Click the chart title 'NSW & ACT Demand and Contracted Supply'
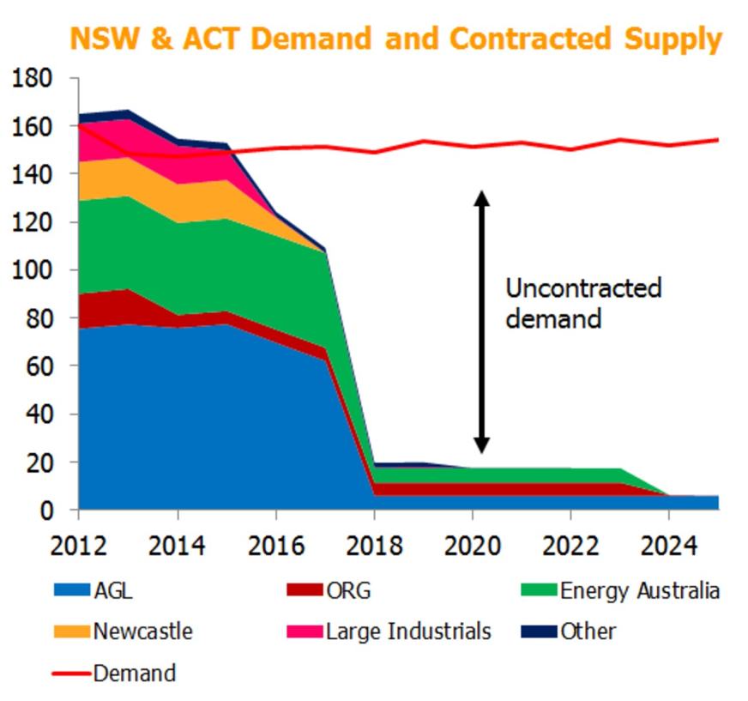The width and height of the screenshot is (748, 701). pyautogui.click(x=395, y=39)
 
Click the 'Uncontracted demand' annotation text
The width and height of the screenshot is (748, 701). pyautogui.click(x=583, y=303)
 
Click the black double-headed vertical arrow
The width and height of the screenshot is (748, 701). pyautogui.click(x=482, y=322)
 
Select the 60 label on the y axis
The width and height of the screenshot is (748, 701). pyautogui.click(x=41, y=367)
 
